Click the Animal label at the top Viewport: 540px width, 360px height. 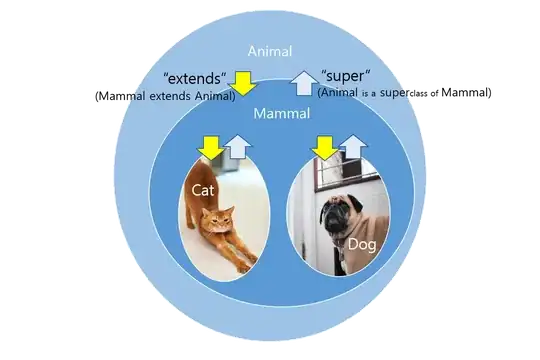click(271, 52)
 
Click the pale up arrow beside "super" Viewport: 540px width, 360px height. click(303, 82)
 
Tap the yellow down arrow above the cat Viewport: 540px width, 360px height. click(209, 147)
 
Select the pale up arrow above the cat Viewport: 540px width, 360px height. click(236, 147)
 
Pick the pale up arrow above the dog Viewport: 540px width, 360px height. click(349, 148)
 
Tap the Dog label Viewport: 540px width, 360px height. click(361, 244)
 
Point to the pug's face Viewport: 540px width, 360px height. click(333, 215)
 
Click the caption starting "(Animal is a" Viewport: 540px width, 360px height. click(364, 92)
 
